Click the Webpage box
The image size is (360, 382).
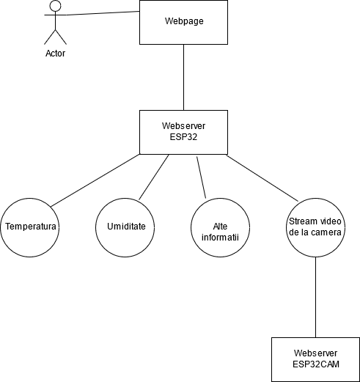pyautogui.click(x=183, y=22)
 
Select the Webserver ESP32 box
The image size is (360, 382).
pyautogui.click(x=183, y=132)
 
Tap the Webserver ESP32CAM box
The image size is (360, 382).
pyautogui.click(x=315, y=359)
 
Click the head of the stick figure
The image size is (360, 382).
pyautogui.click(x=56, y=6)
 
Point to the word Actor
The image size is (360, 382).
pyautogui.click(x=56, y=54)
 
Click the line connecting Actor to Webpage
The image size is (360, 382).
pyautogui.click(x=103, y=13)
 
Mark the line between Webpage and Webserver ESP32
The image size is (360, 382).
pyautogui.click(x=183, y=77)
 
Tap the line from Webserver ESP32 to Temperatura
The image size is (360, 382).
pyautogui.click(x=95, y=180)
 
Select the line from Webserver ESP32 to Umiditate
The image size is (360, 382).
pyautogui.click(x=154, y=177)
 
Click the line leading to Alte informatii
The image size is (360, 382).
pyautogui.click(x=202, y=177)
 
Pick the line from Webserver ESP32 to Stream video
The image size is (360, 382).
pyautogui.click(x=262, y=178)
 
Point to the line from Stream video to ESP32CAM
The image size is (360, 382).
pyautogui.click(x=315, y=297)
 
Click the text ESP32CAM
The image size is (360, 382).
pyautogui.click(x=316, y=364)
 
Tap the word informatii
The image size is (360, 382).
pyautogui.click(x=220, y=238)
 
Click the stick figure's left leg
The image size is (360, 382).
pyautogui.click(x=50, y=37)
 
